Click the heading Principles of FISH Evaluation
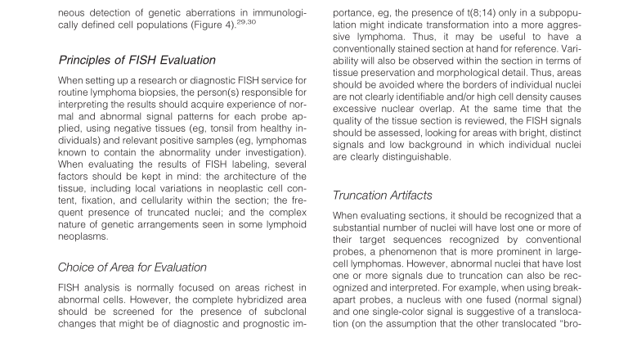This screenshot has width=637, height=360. [x=137, y=60]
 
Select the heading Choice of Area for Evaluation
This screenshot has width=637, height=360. [x=132, y=267]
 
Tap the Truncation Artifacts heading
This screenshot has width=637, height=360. [x=384, y=196]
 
